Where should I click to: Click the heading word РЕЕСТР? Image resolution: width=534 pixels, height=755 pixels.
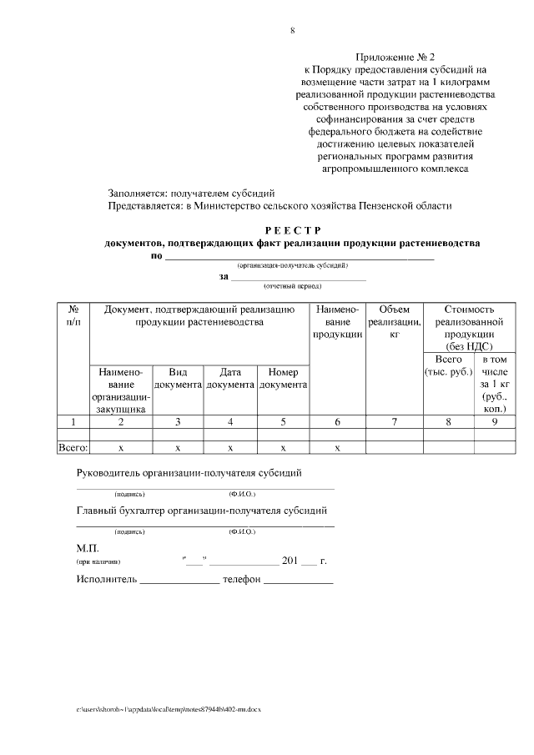pyautogui.click(x=292, y=230)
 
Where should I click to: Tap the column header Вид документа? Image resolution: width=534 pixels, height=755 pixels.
pyautogui.click(x=178, y=378)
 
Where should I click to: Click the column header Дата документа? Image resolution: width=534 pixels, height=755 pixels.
pyautogui.click(x=230, y=378)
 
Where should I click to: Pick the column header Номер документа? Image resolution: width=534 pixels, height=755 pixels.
pyautogui.click(x=284, y=378)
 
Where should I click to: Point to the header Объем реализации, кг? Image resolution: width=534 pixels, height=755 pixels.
pyautogui.click(x=394, y=322)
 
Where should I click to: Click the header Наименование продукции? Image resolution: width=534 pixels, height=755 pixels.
pyautogui.click(x=337, y=322)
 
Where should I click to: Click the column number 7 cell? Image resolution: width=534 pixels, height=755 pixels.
pyautogui.click(x=394, y=422)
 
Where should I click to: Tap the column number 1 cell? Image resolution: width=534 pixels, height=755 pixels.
pyautogui.click(x=73, y=422)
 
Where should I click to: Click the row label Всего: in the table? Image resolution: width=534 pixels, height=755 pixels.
pyautogui.click(x=73, y=448)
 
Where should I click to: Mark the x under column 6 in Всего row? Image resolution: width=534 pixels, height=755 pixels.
pyautogui.click(x=337, y=448)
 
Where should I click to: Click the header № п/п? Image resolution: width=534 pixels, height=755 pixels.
pyautogui.click(x=73, y=315)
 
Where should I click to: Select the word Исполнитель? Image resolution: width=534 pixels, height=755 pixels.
pyautogui.click(x=105, y=579)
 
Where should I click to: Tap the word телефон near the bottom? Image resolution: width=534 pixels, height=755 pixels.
pyautogui.click(x=242, y=579)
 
